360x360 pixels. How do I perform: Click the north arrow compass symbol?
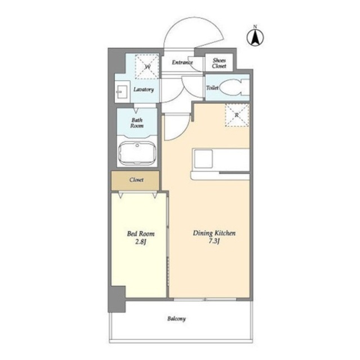tap(255, 38)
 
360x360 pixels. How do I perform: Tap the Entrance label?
tap(182, 62)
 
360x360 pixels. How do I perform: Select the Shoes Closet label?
tap(219, 63)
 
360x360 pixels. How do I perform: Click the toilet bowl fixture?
tap(235, 88)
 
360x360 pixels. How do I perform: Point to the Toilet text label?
tap(212, 88)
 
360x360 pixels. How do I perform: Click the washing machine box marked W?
tap(147, 66)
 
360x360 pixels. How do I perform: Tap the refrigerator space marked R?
tap(237, 115)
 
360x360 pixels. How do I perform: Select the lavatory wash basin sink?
tap(121, 92)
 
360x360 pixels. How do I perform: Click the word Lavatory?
tap(144, 89)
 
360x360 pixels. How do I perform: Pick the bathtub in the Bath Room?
tap(137, 153)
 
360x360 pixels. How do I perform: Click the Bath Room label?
tap(137, 123)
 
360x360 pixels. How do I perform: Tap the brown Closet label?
tap(136, 180)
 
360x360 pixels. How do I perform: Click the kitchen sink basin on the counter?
tap(203, 159)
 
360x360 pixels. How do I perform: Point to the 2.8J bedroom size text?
tap(141, 242)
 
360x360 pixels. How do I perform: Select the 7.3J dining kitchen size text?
tap(214, 241)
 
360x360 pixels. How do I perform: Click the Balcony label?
tap(176, 319)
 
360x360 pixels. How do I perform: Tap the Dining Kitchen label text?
tap(214, 233)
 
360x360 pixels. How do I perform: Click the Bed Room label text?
tap(141, 234)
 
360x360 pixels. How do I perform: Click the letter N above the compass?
tap(255, 26)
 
